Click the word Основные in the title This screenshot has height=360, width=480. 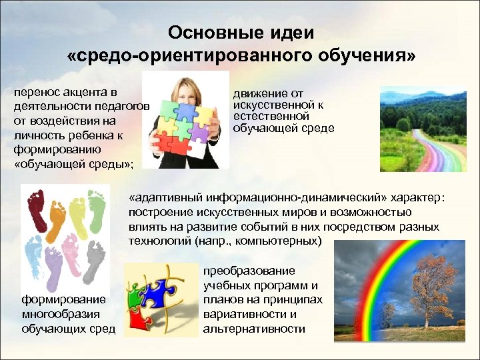204,33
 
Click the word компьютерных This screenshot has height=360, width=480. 283,241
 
